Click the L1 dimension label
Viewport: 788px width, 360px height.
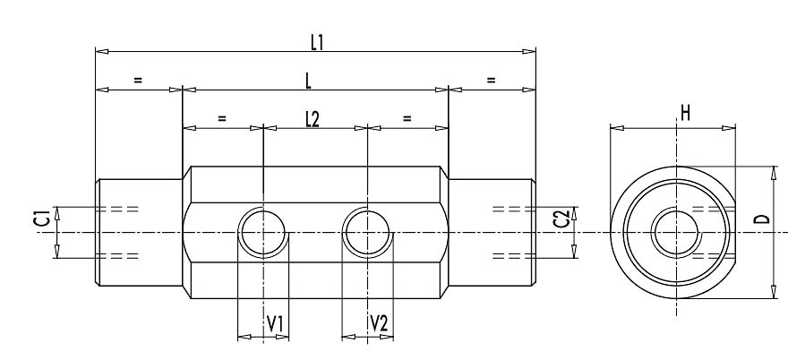316,40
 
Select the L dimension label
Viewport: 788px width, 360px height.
308,81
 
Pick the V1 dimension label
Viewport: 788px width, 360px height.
276,322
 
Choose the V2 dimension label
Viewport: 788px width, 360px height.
379,322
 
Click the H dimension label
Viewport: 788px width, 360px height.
685,112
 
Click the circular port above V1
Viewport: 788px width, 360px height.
263,232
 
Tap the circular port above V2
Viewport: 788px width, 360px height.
367,232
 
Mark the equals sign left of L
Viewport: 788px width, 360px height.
138,80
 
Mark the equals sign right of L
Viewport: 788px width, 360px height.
492,80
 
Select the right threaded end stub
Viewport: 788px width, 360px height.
491,233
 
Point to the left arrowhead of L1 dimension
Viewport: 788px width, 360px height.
100,51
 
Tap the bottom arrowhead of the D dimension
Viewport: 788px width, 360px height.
772,294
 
